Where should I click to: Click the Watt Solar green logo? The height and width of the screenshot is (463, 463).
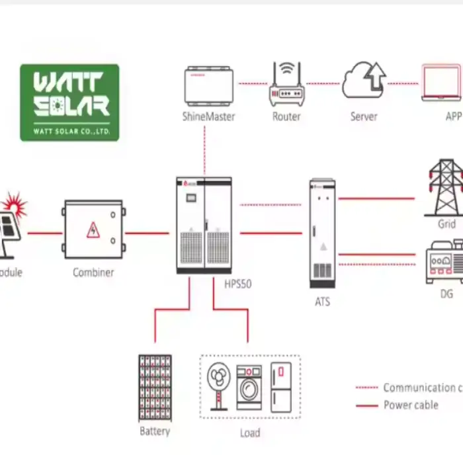tap(69, 102)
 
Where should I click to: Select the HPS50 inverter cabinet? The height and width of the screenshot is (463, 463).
tap(204, 225)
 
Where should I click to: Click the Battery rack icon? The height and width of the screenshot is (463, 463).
tap(155, 388)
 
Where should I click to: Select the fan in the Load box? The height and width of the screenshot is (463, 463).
tap(220, 387)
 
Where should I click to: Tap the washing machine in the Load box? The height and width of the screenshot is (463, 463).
tap(249, 388)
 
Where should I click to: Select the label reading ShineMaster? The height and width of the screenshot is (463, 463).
tap(208, 116)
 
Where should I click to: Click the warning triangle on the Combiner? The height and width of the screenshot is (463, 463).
tap(92, 230)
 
